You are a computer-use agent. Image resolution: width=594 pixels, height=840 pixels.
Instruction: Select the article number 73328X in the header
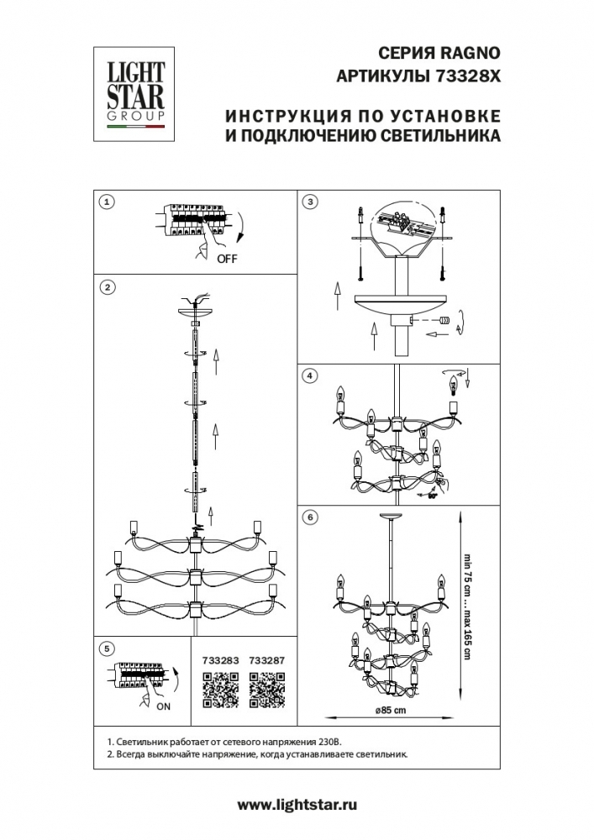466,75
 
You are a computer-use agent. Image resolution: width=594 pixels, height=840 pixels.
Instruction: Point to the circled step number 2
106,287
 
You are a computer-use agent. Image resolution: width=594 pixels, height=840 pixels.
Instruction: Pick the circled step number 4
310,375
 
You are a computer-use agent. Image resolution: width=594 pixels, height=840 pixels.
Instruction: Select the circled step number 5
106,648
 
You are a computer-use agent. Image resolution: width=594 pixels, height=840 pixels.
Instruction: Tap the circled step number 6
310,516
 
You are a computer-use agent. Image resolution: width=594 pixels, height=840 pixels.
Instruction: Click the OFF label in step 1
227,259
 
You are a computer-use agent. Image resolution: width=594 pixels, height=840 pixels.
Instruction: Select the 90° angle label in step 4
434,496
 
